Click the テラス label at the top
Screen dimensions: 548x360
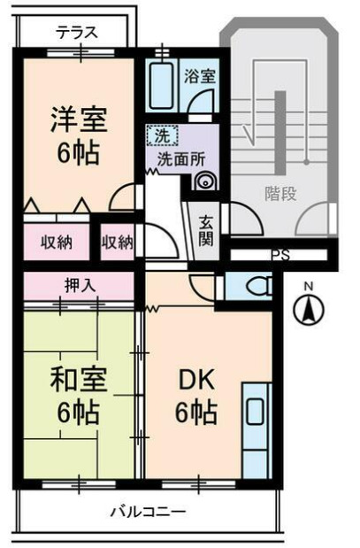pyautogui.click(x=77, y=34)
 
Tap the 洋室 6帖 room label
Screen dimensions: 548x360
pyautogui.click(x=78, y=135)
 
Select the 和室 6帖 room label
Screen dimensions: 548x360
pyautogui.click(x=79, y=396)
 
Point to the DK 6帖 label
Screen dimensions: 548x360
pyautogui.click(x=195, y=396)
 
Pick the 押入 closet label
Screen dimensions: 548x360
pyautogui.click(x=78, y=285)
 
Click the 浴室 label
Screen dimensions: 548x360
pyautogui.click(x=199, y=75)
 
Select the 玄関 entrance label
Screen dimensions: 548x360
pyautogui.click(x=204, y=229)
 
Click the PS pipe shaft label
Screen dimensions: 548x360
pyautogui.click(x=280, y=256)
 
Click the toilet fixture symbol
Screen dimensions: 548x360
pyautogui.click(x=257, y=285)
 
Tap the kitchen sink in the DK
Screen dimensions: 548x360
pyautogui.click(x=255, y=413)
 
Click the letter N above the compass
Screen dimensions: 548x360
pyautogui.click(x=309, y=286)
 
